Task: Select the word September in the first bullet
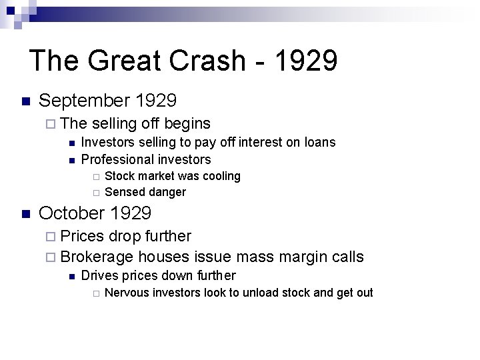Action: pos(84,101)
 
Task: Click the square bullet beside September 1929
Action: pos(26,102)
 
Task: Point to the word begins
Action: pos(187,123)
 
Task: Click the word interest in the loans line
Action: pos(261,142)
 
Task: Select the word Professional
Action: pos(113,159)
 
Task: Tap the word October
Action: pos(73,213)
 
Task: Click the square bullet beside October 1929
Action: pos(26,214)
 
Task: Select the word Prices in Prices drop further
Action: pos(82,236)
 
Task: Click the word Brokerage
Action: pos(97,257)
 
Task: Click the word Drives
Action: pos(98,275)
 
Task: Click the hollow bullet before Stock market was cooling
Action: pos(96,177)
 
